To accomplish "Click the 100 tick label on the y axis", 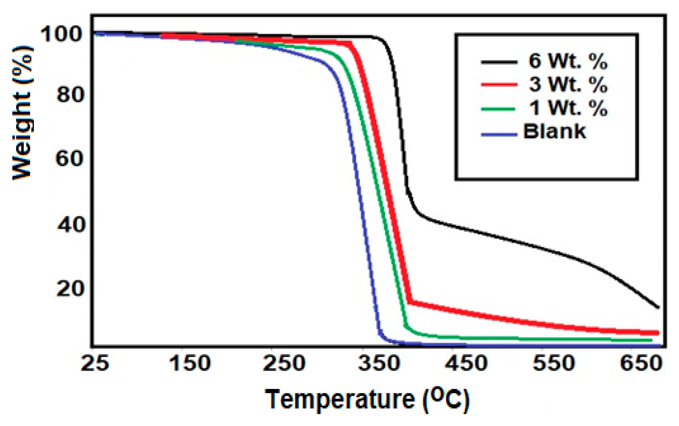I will point(61,35).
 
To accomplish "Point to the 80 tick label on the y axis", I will point(70,95).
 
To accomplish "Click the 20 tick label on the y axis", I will point(70,289).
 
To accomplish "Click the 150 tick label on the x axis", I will point(189,363).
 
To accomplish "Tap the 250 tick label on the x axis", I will point(284,363).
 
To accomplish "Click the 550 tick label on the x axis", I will point(554,363).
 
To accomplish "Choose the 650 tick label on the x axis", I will point(641,363).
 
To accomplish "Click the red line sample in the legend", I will point(499,84).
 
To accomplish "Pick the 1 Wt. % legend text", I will point(568,108).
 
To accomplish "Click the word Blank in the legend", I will point(554,131).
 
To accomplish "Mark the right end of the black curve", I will point(658,307).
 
